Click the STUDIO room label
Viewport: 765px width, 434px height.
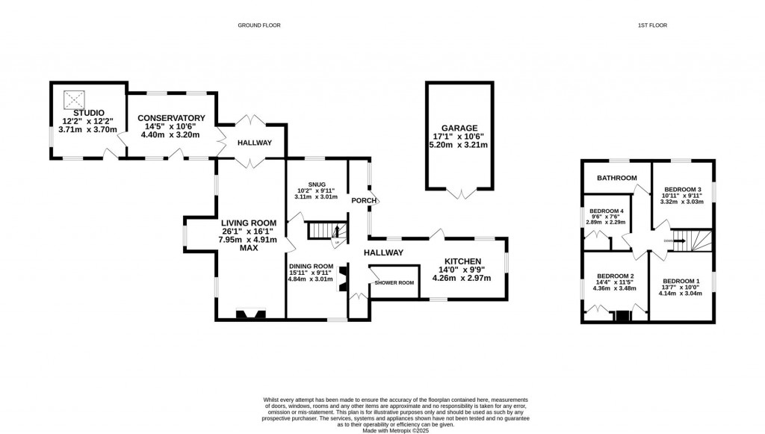(x=89, y=112)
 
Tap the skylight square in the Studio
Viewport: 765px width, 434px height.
(x=72, y=97)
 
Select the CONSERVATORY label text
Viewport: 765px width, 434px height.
(x=170, y=118)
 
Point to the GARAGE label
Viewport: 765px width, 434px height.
(x=459, y=128)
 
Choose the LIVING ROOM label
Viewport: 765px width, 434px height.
(x=249, y=223)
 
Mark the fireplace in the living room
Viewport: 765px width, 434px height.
(x=249, y=314)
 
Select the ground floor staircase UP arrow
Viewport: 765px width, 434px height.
(x=336, y=232)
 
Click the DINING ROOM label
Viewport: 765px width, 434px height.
(x=311, y=266)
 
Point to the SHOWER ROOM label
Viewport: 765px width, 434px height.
(x=394, y=282)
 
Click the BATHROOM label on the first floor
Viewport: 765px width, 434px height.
(x=616, y=178)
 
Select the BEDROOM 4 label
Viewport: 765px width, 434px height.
(x=606, y=211)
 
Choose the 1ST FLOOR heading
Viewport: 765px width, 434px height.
(x=651, y=25)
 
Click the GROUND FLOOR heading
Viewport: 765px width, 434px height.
(x=258, y=25)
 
